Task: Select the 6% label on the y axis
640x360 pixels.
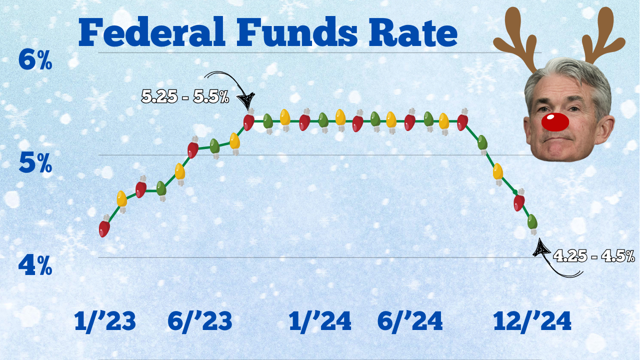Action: click(x=35, y=61)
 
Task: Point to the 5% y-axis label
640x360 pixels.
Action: click(x=35, y=163)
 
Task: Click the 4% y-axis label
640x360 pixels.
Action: click(x=35, y=266)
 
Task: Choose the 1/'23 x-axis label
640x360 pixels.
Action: click(x=105, y=322)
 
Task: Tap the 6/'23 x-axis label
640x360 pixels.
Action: click(x=200, y=322)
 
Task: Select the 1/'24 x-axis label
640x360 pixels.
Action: click(x=320, y=322)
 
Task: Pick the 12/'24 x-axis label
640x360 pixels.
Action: click(x=532, y=322)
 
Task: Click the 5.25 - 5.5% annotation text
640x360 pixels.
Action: click(x=185, y=97)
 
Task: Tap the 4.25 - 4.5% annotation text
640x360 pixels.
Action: click(x=594, y=257)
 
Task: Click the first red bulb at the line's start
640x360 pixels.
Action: click(x=104, y=228)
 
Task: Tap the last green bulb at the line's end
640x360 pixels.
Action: click(x=532, y=221)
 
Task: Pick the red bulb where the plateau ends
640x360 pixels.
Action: click(x=462, y=122)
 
